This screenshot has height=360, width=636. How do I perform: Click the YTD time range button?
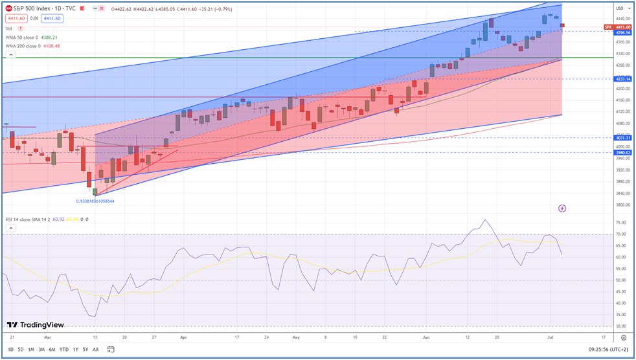64,350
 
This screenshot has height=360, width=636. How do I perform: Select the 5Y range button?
85,350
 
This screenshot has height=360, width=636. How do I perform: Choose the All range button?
96,350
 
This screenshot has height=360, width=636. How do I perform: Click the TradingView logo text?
36,324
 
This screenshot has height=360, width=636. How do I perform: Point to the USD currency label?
620,8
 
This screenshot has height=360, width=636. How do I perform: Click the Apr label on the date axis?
183,337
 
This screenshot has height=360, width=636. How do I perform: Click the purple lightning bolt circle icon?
562,208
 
